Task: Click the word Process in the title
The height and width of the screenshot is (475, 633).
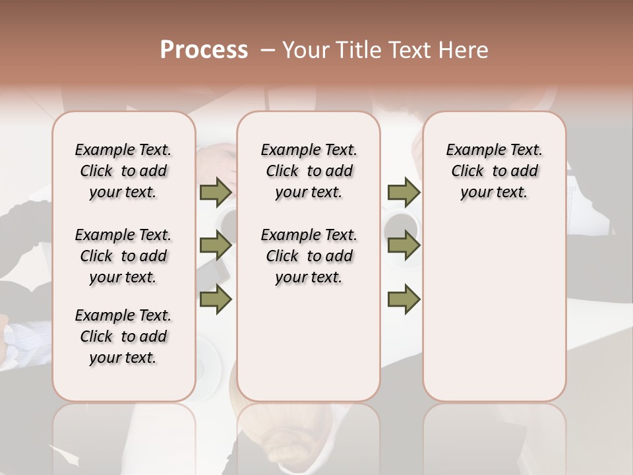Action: tap(204, 50)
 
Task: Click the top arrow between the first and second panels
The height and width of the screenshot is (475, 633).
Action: tap(216, 193)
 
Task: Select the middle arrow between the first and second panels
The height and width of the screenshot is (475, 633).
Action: tap(216, 246)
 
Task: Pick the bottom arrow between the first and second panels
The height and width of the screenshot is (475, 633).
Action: tap(216, 299)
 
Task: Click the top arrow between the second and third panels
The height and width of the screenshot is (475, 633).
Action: tap(404, 193)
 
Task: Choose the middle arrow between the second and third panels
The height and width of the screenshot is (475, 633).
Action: tap(404, 246)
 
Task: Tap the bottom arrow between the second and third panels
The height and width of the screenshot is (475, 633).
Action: tap(404, 299)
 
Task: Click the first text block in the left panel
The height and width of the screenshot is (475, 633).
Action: tap(123, 171)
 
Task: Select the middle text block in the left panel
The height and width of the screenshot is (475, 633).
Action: tap(123, 256)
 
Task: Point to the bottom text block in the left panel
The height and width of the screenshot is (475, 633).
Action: tap(123, 336)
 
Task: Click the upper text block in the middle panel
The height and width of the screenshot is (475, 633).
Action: tap(309, 171)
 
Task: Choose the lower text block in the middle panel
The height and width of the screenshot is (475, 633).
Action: tap(309, 256)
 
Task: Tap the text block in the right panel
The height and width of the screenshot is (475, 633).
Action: tap(495, 171)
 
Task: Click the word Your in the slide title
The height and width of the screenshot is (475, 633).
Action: tap(305, 50)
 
